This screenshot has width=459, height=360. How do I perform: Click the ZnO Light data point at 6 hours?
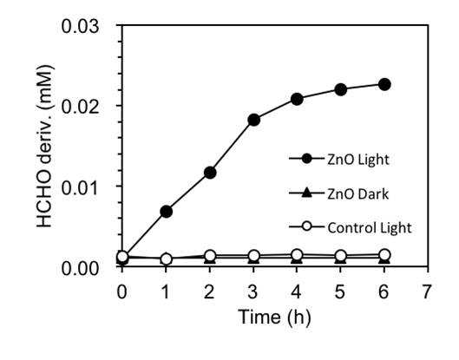coord(384,85)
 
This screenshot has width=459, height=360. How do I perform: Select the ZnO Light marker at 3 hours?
coord(253,120)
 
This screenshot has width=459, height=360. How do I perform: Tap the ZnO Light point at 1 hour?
coord(166,212)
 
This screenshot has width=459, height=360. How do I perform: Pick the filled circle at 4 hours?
coord(297,100)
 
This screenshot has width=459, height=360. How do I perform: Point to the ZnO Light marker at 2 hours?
coord(210,173)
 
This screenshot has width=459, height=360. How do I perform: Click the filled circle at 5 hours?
coord(340,89)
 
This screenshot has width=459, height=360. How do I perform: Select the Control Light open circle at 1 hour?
coord(166,259)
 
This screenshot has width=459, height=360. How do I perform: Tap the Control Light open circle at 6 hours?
coord(384,255)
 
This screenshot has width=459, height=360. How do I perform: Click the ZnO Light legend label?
coord(358,160)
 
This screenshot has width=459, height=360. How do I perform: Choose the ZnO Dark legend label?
coord(357,194)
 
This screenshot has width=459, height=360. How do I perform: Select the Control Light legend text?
coord(370,228)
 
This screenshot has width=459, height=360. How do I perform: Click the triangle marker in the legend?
coord(306,193)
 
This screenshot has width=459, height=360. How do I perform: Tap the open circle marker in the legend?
coord(306,226)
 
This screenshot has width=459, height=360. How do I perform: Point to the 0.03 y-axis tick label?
coord(80,26)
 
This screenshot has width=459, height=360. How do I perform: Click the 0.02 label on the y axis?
coord(80,107)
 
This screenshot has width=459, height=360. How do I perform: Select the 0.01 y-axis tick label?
coord(80,187)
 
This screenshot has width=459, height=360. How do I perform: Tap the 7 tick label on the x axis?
coord(427,291)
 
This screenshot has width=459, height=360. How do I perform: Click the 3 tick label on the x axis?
coord(252,291)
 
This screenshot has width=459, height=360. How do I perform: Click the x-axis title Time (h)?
coord(274,317)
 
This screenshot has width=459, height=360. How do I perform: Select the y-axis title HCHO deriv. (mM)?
coord(44,146)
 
